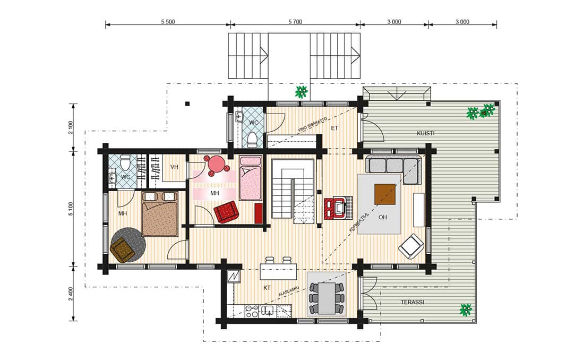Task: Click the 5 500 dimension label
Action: point(168,22)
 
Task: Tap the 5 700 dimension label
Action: point(295,22)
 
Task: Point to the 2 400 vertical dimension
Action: point(71,294)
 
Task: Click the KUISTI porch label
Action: point(425,133)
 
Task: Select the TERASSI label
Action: point(413,302)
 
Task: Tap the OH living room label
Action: point(382,217)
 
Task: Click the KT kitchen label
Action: point(267,288)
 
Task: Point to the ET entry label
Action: point(334,128)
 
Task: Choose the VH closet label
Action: point(174,167)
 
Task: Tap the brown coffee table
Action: point(385,194)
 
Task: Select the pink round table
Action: point(217,164)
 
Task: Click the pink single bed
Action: point(251,178)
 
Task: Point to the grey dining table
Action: point(327,298)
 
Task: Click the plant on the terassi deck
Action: point(466,310)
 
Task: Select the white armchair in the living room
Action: point(411,246)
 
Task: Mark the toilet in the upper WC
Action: point(252,139)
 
